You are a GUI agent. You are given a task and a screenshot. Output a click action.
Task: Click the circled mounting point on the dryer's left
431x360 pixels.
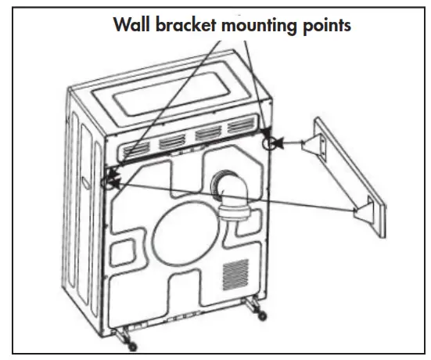click(x=108, y=183)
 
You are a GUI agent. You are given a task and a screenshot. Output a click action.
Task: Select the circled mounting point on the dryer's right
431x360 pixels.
click(x=270, y=143)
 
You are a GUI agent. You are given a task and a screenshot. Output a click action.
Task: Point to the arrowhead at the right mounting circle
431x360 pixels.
click(x=279, y=143)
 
